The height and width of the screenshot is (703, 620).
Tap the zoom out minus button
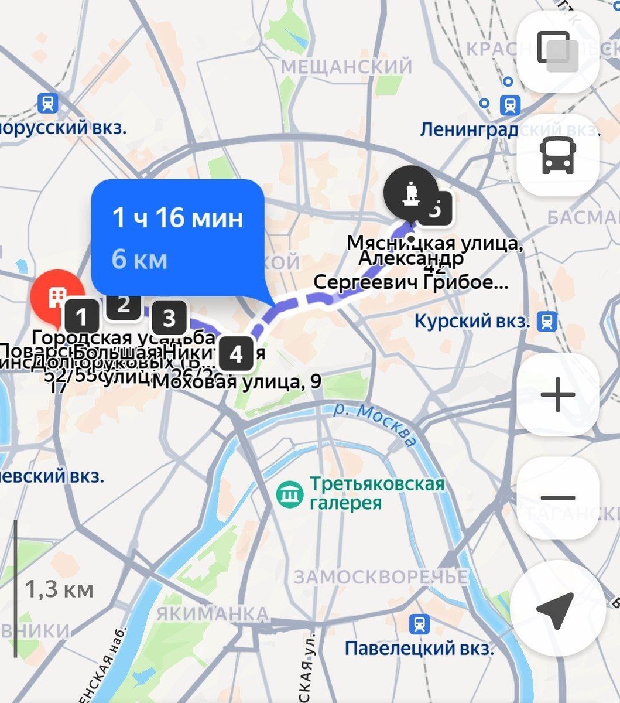pyautogui.click(x=557, y=498)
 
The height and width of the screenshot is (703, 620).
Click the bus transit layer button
pyautogui.click(x=557, y=155)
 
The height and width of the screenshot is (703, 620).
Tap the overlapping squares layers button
pyautogui.click(x=557, y=52)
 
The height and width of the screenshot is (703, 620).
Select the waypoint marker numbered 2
pyautogui.click(x=123, y=304)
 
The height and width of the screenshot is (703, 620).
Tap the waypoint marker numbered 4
pyautogui.click(x=236, y=354)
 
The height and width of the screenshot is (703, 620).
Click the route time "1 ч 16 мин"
pyautogui.click(x=177, y=218)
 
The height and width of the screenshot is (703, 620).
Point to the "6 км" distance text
pyautogui.click(x=139, y=259)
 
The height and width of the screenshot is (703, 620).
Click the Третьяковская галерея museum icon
pyautogui.click(x=290, y=494)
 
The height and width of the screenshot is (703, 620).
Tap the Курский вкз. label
pyautogui.click(x=472, y=321)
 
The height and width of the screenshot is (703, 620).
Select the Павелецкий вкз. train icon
pyautogui.click(x=419, y=624)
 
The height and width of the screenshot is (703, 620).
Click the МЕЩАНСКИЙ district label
pyautogui.click(x=347, y=67)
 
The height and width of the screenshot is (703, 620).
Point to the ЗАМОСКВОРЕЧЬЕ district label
pyautogui.click(x=381, y=577)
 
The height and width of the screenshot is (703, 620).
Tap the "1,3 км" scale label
pyautogui.click(x=59, y=589)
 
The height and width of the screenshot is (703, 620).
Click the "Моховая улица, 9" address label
pyautogui.click(x=237, y=382)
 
